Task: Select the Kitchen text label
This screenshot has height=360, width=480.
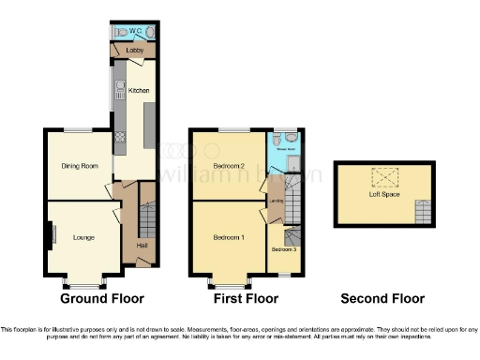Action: point(139,91)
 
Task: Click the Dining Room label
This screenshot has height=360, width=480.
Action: point(80,166)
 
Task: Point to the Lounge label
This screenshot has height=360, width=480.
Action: point(83,237)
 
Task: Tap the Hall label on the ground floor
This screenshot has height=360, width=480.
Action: point(141,245)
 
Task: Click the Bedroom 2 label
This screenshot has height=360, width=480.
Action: point(228,166)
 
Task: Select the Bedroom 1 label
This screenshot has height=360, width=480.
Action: point(229,237)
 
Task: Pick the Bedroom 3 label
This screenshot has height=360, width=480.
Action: point(283,249)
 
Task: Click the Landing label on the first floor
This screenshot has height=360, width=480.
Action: point(276,200)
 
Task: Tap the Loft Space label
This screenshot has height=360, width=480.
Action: point(385,194)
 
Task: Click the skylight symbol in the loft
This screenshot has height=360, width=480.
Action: point(384,175)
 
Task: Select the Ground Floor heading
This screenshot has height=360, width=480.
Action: point(102,299)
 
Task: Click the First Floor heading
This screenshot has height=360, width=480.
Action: point(247,299)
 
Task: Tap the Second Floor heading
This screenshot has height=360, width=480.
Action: point(382,299)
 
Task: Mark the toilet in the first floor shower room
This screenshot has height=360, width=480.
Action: point(292,141)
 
